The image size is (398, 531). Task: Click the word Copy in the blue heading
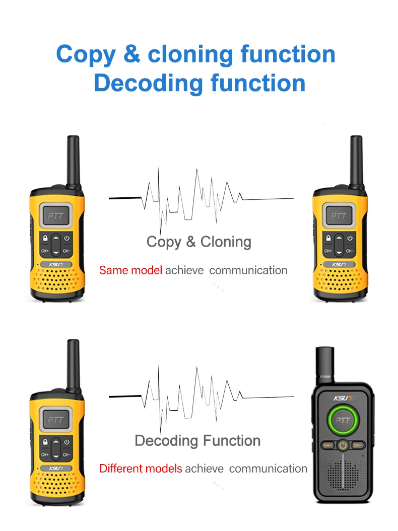[x=85, y=54]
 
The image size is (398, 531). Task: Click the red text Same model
[x=130, y=270]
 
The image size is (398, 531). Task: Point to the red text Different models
[x=141, y=469]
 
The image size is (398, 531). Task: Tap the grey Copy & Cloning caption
[x=198, y=242]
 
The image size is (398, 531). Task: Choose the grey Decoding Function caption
[x=197, y=441]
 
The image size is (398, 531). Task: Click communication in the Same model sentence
[x=248, y=270]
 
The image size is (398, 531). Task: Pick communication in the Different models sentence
[x=268, y=469]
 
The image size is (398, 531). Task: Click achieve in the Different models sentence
[x=204, y=469]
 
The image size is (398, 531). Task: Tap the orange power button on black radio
[x=343, y=445]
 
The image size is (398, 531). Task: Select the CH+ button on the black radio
[x=327, y=445]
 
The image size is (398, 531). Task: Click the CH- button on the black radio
[x=358, y=445]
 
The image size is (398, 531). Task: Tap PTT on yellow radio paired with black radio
[x=53, y=419]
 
